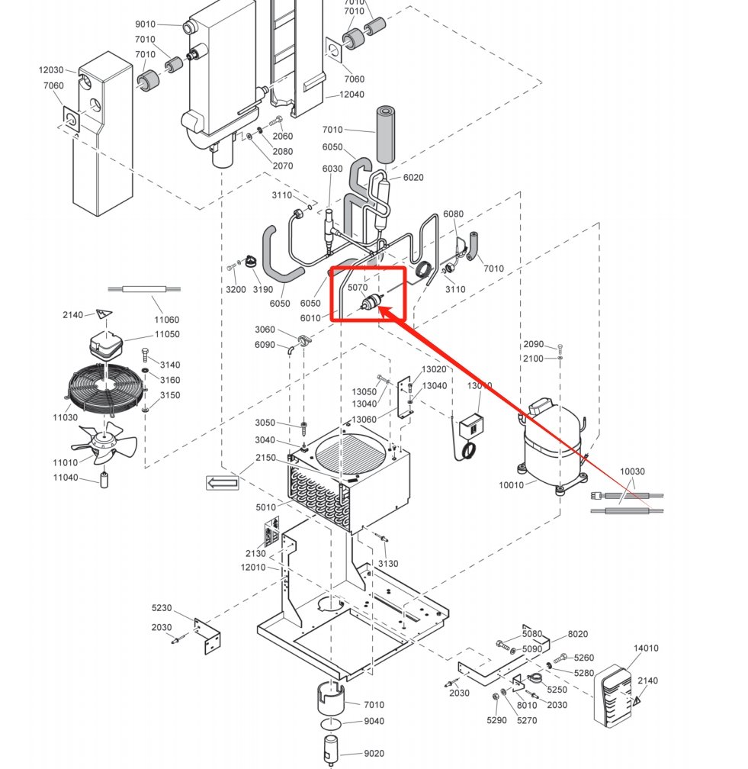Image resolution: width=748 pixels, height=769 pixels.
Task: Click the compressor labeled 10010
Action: (x=551, y=445)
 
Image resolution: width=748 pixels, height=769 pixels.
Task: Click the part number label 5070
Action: (x=358, y=288)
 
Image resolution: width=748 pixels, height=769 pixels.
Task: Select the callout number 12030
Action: (x=51, y=70)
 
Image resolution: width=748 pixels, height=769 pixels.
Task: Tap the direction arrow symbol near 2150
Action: (x=223, y=482)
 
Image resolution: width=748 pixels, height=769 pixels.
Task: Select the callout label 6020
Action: (x=413, y=178)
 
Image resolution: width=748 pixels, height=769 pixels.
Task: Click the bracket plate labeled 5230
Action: (x=207, y=635)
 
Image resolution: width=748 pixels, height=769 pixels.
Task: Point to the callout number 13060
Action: (x=364, y=420)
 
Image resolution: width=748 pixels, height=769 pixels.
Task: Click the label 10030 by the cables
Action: (x=632, y=471)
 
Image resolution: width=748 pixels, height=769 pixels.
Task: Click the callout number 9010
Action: (x=145, y=24)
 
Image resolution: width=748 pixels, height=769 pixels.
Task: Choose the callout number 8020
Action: (x=578, y=634)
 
